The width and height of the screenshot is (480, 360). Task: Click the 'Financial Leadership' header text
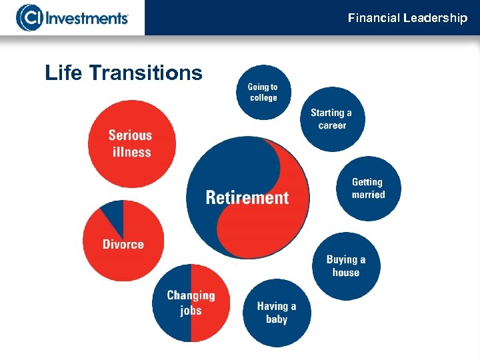pos(407,18)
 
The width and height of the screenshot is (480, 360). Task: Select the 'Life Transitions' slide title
pos(123,73)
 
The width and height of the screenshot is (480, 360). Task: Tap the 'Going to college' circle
pos(263,92)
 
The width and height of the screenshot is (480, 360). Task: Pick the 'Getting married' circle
pos(368,188)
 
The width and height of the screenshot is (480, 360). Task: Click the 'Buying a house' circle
pos(345,266)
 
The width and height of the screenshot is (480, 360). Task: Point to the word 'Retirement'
pos(247,197)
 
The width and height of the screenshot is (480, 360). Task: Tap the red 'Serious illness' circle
pos(132,143)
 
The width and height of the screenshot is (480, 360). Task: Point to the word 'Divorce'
pos(123,244)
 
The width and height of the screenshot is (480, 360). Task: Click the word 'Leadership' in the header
pos(435,18)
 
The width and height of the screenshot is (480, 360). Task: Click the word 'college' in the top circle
pos(263,98)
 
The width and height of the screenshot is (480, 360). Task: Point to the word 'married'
pos(369,195)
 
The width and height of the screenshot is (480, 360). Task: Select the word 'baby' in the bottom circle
pos(276,319)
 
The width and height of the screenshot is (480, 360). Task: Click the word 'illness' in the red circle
pos(132,152)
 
